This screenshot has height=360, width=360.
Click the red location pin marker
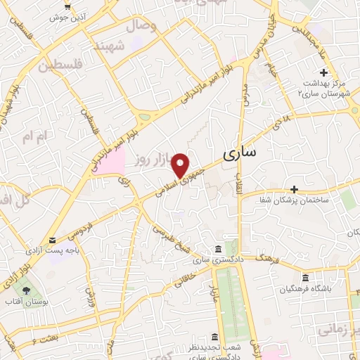coord(181,165)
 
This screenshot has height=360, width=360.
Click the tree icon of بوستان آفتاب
coord(26,290)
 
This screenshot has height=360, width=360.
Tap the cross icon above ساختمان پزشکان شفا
coord(294,189)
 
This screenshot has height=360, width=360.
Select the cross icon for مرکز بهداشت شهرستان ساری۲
coord(323,73)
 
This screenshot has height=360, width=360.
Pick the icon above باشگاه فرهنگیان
coord(304,278)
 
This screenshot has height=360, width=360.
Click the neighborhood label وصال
coord(141,26)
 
